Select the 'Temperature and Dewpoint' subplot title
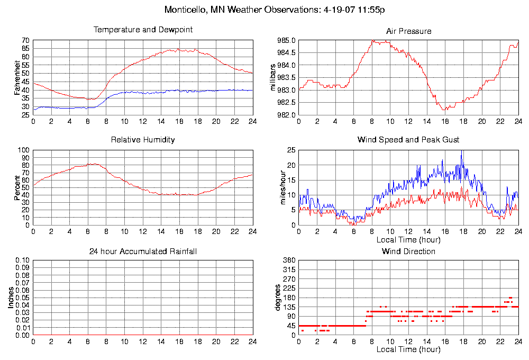(x=143, y=30)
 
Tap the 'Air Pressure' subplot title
(x=409, y=31)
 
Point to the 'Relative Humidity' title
(x=143, y=140)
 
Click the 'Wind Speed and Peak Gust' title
(x=408, y=140)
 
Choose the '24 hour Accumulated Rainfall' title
(x=143, y=251)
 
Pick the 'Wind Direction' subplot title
(x=408, y=251)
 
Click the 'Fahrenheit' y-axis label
(x=17, y=78)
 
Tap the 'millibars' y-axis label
(x=273, y=77)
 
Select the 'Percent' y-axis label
(x=17, y=187)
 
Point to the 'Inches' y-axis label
(x=11, y=298)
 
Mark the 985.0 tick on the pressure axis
(x=287, y=41)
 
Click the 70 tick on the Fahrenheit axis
(x=25, y=41)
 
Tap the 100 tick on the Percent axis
(x=24, y=150)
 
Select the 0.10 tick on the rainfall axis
(x=22, y=260)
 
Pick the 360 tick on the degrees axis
(x=289, y=260)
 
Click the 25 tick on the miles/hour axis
(x=291, y=150)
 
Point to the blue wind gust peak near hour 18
(x=462, y=151)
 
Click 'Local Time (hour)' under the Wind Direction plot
(x=408, y=349)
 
